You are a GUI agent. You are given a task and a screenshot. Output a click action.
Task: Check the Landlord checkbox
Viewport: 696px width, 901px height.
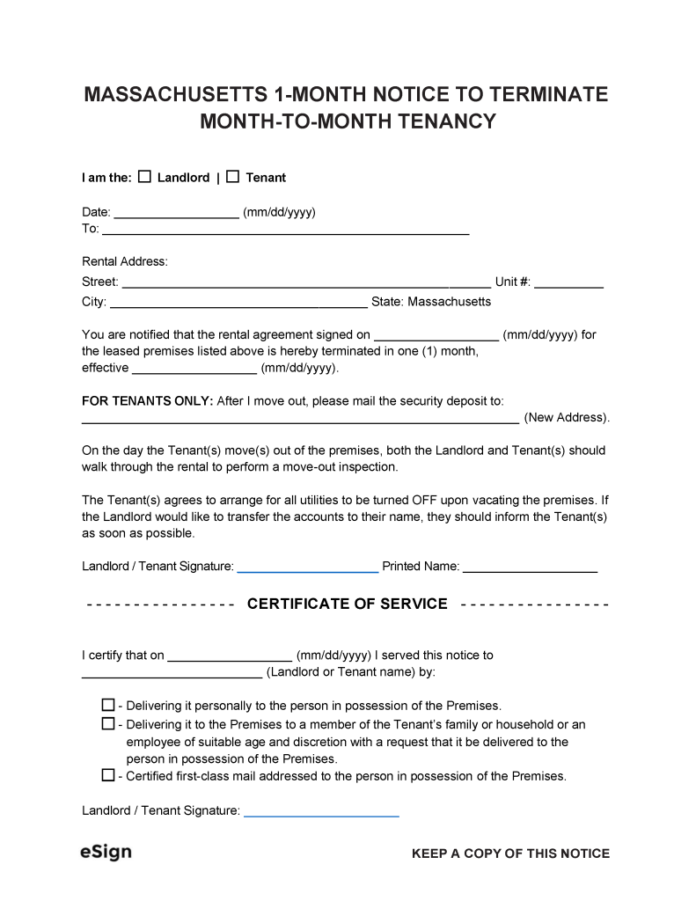(144, 177)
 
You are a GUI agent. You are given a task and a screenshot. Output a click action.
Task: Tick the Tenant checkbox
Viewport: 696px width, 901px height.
(232, 177)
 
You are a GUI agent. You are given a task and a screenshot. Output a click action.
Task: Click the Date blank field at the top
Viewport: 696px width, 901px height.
(176, 212)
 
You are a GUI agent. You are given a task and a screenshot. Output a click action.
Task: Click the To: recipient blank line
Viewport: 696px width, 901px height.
(285, 230)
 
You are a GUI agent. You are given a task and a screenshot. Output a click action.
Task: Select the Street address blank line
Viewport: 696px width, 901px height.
(305, 282)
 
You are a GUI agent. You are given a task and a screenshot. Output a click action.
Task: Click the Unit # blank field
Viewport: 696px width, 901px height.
(568, 282)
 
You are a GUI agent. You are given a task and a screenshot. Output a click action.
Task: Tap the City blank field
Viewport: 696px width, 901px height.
(238, 302)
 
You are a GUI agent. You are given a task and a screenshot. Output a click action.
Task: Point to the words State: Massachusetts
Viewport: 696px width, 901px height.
(431, 302)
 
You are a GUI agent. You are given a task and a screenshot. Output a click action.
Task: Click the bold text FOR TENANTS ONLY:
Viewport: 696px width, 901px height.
(147, 400)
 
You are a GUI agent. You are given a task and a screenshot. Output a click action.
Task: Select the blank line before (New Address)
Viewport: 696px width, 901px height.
(299, 419)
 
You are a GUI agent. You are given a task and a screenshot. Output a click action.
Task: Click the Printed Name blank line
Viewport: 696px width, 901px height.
(530, 568)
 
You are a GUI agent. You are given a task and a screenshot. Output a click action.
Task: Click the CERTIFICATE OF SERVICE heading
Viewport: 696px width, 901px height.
(348, 604)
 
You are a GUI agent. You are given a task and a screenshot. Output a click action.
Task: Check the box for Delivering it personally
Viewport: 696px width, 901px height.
(108, 706)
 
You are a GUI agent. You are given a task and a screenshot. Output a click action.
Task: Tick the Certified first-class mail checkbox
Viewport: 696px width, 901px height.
(108, 776)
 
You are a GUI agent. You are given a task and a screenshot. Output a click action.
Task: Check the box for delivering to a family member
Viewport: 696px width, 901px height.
(108, 724)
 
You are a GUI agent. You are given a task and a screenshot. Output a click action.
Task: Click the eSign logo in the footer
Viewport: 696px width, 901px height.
(106, 853)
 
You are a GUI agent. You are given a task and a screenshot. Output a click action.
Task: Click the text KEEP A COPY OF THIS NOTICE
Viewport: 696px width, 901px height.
(510, 853)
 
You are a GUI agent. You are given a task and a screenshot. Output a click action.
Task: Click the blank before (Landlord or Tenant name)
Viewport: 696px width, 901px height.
(172, 673)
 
